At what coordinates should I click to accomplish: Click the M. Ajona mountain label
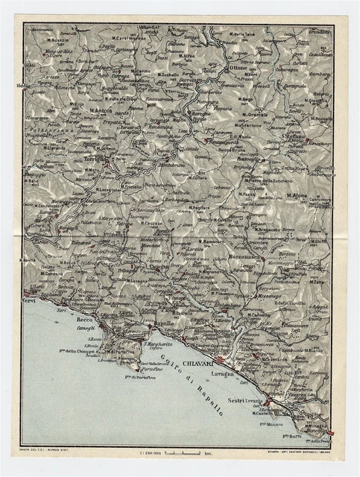click(297, 196)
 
